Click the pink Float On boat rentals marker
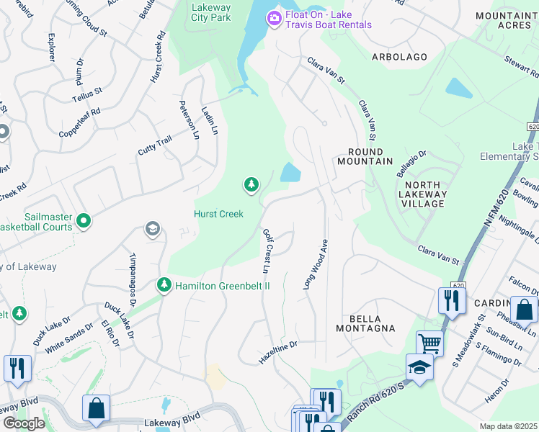pos(274,18)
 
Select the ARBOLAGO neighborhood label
pos(399,57)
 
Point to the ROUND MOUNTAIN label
pos(370,156)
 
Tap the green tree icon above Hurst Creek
pos(251,186)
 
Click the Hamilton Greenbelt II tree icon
pos(164,285)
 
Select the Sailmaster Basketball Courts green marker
pos(84,220)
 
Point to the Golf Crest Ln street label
pos(267,251)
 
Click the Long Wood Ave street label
pos(315,264)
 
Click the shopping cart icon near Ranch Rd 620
pos(429,343)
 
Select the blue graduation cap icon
pos(419,367)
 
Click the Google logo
pos(23,423)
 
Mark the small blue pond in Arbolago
pos(459,88)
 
